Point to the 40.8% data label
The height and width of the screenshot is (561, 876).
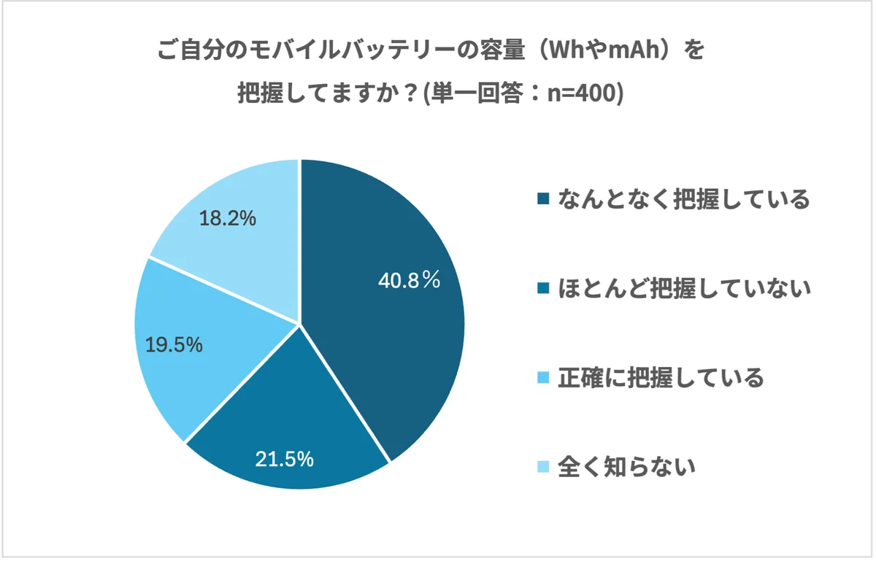pyautogui.click(x=409, y=280)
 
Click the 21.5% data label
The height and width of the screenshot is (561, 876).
pyautogui.click(x=284, y=459)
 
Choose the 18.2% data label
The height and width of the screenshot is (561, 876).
pyautogui.click(x=228, y=218)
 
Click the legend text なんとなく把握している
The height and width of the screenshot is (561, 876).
pyautogui.click(x=683, y=199)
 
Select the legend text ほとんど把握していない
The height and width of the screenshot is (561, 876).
pyautogui.click(x=684, y=290)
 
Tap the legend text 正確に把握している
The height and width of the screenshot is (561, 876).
pyautogui.click(x=661, y=378)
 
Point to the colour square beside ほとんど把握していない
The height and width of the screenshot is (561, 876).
pyautogui.click(x=542, y=290)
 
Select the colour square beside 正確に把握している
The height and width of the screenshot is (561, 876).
pyautogui.click(x=542, y=379)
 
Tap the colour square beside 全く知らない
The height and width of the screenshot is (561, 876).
pyautogui.click(x=542, y=468)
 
